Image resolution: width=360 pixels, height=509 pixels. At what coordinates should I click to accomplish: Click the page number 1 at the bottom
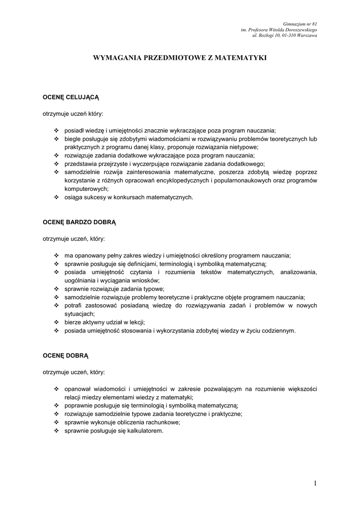315,483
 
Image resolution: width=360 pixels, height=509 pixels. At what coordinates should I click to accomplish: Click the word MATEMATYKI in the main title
241,58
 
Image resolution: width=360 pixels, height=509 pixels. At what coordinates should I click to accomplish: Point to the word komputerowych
86,189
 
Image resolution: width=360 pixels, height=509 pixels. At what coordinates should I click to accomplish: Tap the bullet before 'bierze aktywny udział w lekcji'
56,322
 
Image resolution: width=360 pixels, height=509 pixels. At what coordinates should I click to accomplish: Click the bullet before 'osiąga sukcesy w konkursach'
56,197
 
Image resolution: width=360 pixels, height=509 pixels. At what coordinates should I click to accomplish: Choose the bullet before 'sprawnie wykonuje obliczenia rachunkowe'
56,423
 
